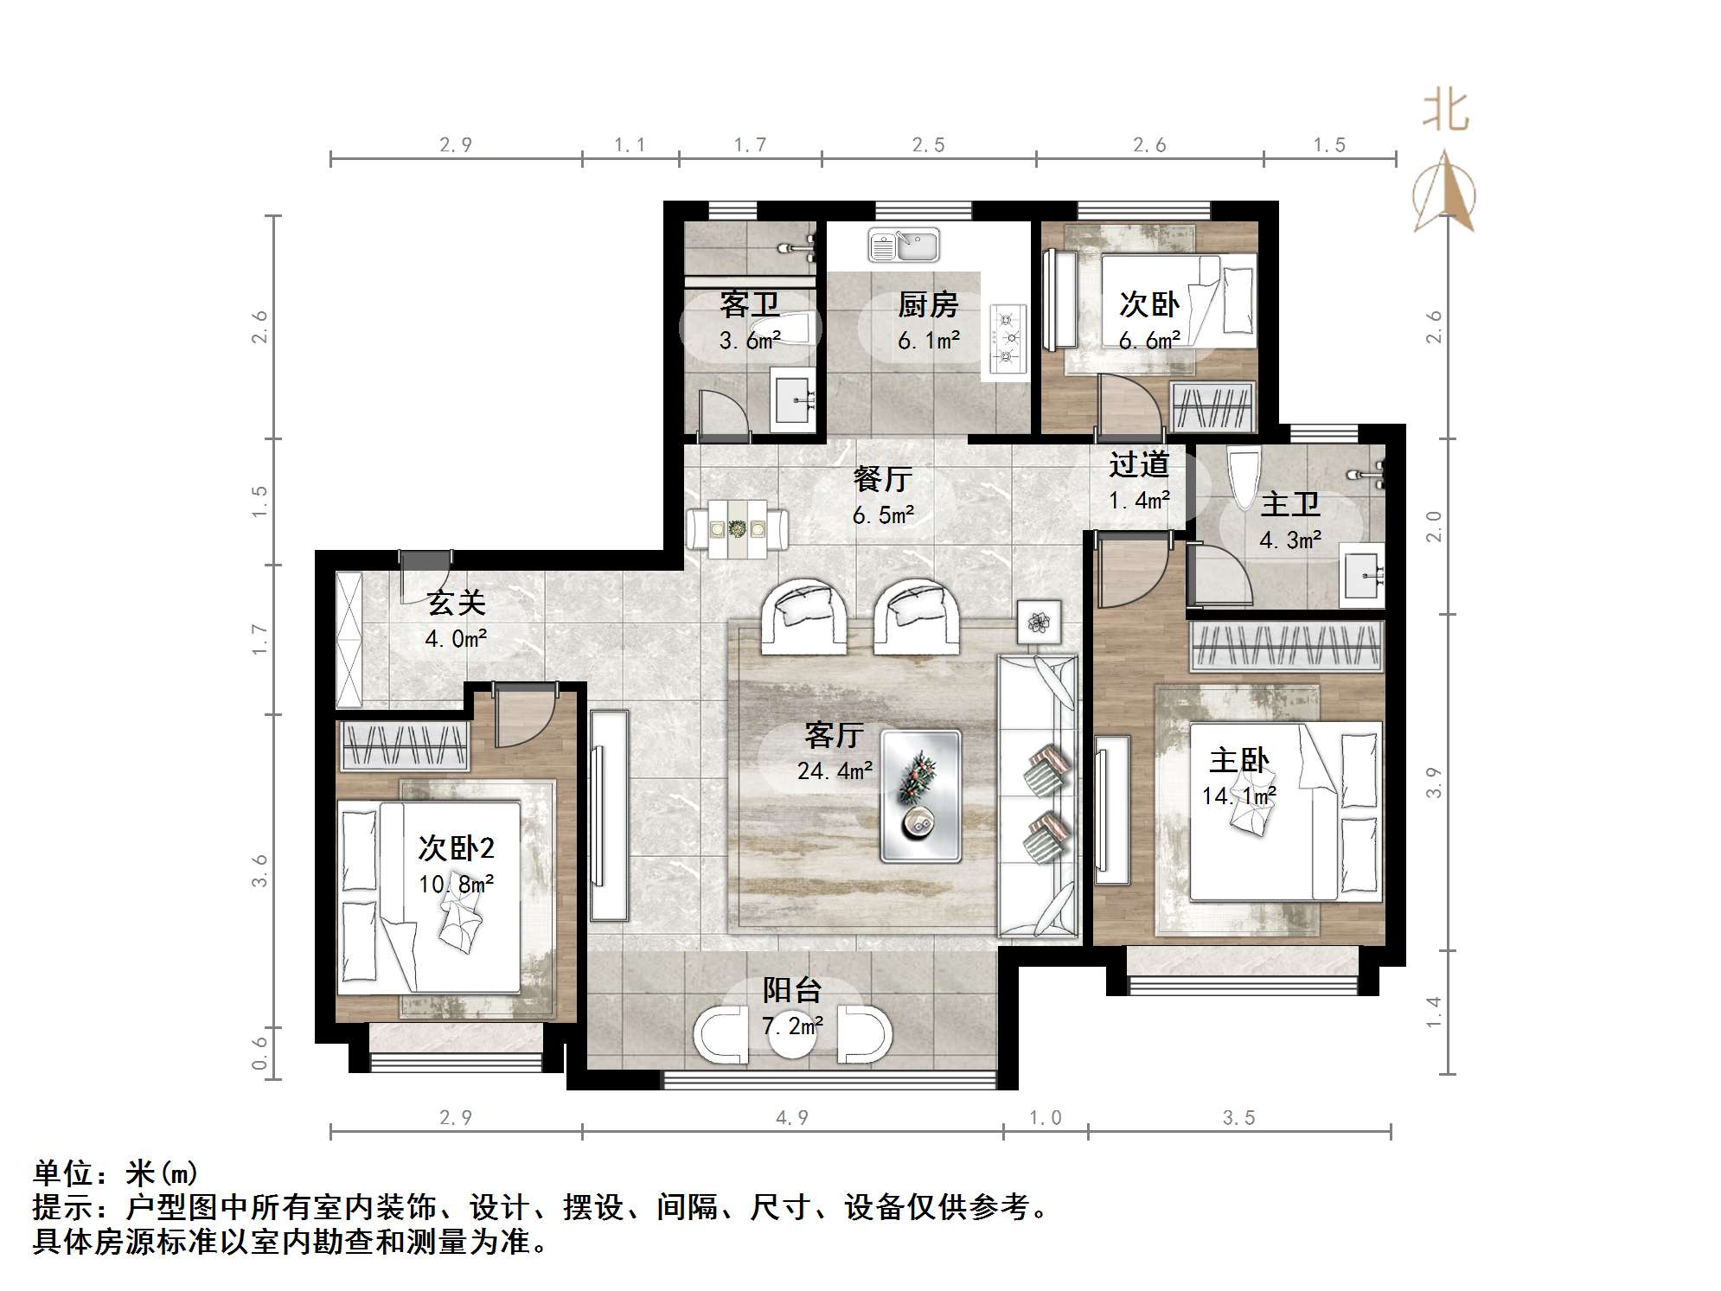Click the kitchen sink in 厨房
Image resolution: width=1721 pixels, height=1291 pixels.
[904, 246]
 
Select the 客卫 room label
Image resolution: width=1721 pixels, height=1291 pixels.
[749, 304]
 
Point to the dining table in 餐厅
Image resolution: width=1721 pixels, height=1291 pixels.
[738, 528]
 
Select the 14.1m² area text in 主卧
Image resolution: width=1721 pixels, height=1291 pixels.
[1238, 796]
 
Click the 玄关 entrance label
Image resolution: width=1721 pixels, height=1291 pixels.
[456, 603]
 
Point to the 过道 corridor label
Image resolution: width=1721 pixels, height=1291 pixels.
[1139, 464]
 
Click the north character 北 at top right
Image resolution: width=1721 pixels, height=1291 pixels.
[1445, 112]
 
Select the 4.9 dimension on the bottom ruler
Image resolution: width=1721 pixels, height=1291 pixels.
[791, 1118]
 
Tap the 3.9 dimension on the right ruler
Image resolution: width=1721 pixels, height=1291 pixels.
[1433, 783]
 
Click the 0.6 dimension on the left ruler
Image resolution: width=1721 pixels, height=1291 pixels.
[259, 1053]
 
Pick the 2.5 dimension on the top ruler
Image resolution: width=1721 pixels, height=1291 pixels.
[928, 145]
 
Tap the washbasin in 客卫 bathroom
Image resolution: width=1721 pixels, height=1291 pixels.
[792, 399]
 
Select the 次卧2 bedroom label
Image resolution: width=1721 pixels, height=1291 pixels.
[456, 848]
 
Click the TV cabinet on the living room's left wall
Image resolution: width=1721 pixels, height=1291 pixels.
[609, 815]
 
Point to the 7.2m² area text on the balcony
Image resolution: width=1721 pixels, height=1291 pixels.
[791, 1026]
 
